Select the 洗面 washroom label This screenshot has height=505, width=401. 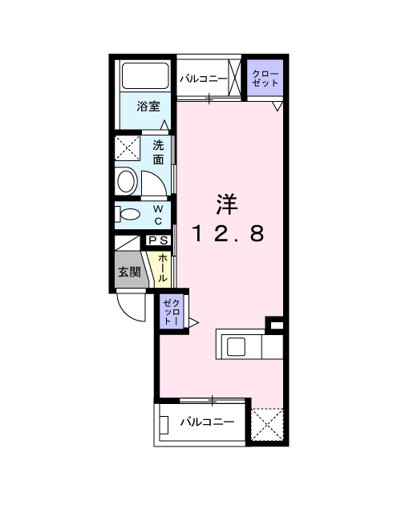pos(160,151)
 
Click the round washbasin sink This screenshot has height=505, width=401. pos(127,180)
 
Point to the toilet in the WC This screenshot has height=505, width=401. pos(128,214)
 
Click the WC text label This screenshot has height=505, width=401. pos(158,214)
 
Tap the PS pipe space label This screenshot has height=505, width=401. pos(158,240)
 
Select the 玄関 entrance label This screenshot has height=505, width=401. pos(129,272)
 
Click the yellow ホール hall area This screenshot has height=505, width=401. pos(161,267)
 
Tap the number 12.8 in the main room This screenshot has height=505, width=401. pos(227,233)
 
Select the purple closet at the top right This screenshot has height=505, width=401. pos(264,79)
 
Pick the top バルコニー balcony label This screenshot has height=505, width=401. pos(203,79)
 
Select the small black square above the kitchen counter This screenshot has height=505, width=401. pos(276,324)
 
